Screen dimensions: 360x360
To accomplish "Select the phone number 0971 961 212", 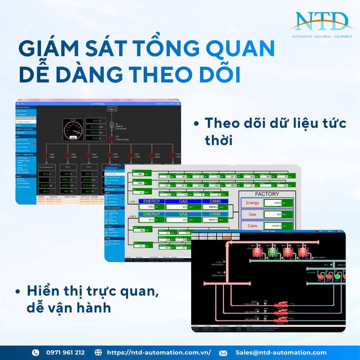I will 65,352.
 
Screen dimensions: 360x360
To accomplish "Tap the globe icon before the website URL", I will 98,352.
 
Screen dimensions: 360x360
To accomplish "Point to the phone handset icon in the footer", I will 36,352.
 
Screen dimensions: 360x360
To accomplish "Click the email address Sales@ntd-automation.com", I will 281,352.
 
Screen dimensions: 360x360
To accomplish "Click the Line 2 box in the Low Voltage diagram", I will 112,109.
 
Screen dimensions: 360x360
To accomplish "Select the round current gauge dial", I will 73,129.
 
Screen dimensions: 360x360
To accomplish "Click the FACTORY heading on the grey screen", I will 267,194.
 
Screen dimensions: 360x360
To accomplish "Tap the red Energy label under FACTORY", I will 252,203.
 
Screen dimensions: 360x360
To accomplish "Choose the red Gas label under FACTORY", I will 252,214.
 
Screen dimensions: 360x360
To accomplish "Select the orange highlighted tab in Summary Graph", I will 226,238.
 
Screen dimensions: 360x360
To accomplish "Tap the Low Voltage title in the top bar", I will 98,104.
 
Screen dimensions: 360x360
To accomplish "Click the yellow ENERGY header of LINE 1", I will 152,201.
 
